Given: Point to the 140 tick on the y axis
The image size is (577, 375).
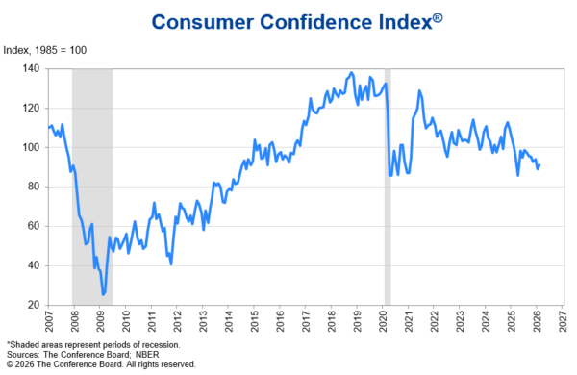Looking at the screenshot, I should pyautogui.click(x=33, y=68).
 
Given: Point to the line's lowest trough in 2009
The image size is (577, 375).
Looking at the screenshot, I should pyautogui.click(x=104, y=295).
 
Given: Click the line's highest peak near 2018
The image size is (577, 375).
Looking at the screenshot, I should pyautogui.click(x=352, y=73).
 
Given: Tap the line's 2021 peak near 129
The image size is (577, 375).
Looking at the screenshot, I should pyautogui.click(x=419, y=90).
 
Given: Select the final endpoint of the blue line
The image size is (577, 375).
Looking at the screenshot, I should pyautogui.click(x=539, y=164).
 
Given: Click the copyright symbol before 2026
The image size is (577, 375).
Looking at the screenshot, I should pyautogui.click(x=10, y=364).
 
